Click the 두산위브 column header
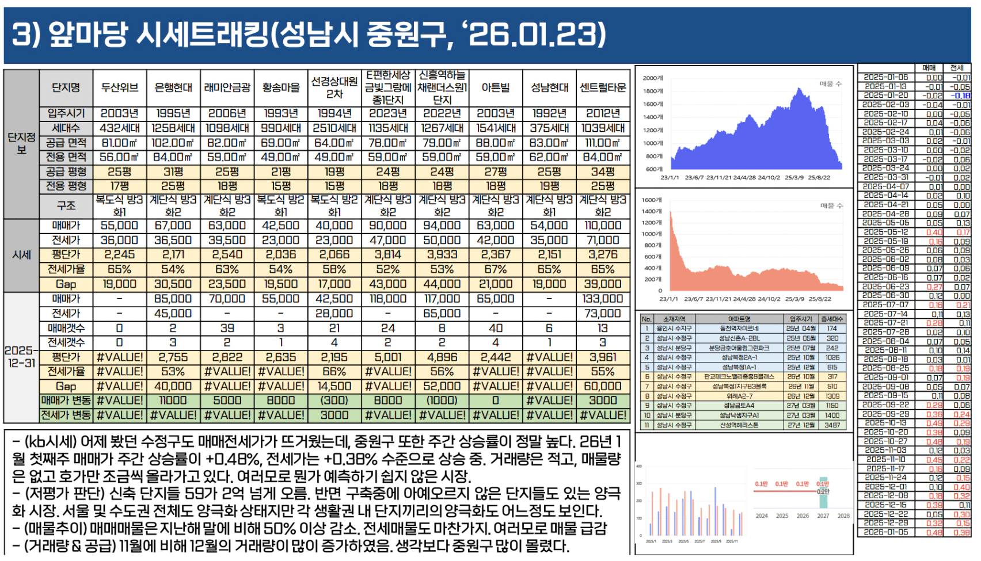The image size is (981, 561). tap(120, 87)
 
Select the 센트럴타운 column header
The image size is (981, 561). tap(603, 87)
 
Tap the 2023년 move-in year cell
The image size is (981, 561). tap(388, 113)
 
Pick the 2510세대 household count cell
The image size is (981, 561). tap(334, 128)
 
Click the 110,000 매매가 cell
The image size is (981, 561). tap(603, 226)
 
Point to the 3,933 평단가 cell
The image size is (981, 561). tap(442, 254)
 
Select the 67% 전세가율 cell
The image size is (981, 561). tap(495, 269)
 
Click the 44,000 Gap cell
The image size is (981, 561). tap(442, 284)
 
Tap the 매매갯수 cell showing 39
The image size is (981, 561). tap(227, 328)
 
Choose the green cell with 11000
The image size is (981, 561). tap(173, 400)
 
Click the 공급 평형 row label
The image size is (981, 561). tap(66, 171)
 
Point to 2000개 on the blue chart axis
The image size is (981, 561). tap(653, 78)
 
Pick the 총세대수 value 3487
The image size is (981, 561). tap(832, 425)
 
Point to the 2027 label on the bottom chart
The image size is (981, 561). tap(823, 516)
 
